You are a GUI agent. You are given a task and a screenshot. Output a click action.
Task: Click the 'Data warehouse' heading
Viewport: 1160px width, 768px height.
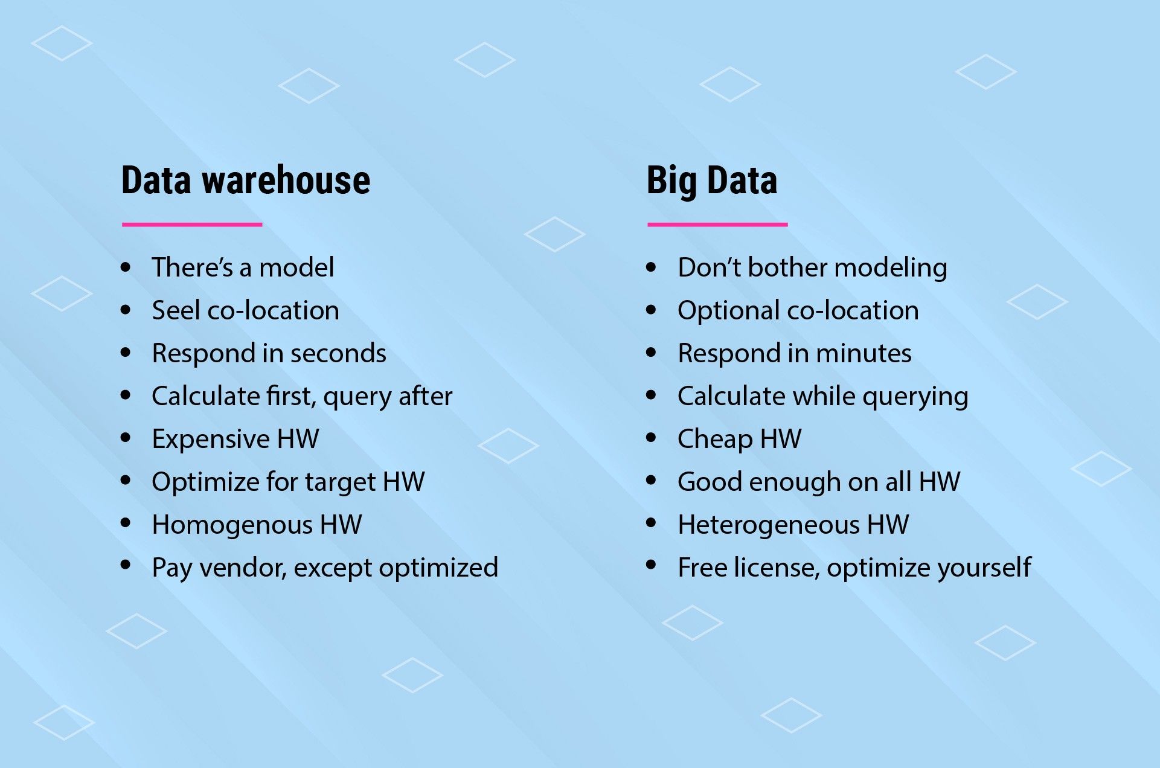[246, 180]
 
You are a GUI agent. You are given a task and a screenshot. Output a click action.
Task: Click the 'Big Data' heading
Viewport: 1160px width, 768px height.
[712, 181]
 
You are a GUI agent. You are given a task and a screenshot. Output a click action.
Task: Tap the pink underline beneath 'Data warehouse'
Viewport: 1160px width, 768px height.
[192, 225]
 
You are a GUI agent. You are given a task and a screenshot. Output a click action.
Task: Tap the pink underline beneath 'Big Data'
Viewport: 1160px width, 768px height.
[717, 225]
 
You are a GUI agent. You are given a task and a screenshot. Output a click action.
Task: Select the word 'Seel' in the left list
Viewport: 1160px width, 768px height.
[176, 310]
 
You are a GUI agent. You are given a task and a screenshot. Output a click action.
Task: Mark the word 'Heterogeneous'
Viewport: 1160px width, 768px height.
[769, 525]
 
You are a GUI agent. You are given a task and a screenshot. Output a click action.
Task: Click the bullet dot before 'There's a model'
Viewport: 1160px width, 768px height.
[126, 267]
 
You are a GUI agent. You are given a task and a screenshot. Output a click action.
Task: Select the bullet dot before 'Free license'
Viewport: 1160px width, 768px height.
[651, 565]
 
